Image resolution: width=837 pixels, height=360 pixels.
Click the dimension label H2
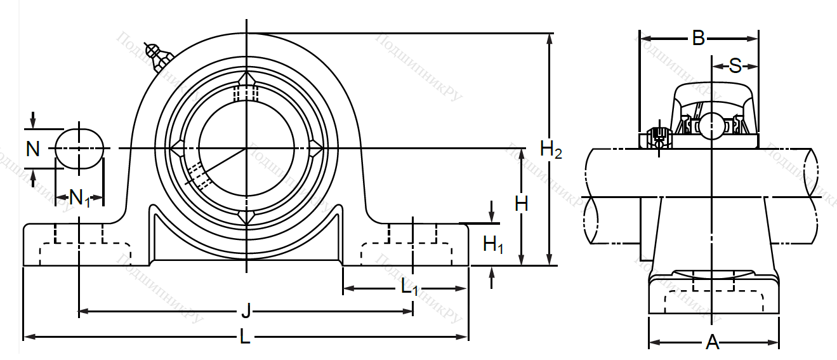550,150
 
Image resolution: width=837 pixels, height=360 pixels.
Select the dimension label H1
493,244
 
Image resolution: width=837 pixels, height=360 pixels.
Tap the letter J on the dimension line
246,312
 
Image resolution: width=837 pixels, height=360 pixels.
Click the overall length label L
245,337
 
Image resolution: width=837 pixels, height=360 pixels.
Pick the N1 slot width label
80,198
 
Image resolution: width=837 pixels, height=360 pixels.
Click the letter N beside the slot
33,149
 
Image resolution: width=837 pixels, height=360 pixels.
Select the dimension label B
698,39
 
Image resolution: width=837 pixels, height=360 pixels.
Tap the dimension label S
735,65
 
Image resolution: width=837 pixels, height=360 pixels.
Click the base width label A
713,343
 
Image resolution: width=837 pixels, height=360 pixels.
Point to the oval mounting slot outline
79,149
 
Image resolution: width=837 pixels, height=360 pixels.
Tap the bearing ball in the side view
711,125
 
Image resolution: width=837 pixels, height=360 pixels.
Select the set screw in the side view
658,137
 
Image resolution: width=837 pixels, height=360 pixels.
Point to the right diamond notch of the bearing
315,149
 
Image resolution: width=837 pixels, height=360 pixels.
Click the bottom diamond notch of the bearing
246,217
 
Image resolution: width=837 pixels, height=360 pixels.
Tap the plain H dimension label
522,204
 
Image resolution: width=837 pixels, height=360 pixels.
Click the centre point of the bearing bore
246,149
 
